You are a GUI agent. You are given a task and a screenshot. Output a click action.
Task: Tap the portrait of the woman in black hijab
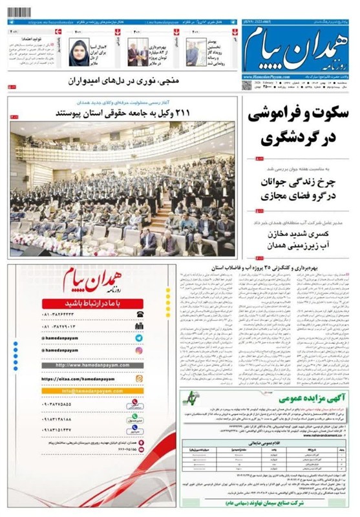coord(79,52)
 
